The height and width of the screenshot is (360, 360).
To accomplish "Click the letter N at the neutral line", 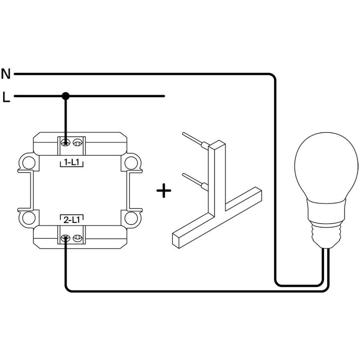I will tap(6, 74).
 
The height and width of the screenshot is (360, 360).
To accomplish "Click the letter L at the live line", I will tap(6, 97).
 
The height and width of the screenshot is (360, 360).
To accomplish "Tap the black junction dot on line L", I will tap(66, 96).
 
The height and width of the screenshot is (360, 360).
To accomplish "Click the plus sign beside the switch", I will tap(164, 191).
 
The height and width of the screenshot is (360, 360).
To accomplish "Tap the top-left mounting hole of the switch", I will tap(28, 162).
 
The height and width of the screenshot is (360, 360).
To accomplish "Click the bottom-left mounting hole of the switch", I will tap(28, 218).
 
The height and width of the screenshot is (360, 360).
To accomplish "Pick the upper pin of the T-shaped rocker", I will tap(194, 138).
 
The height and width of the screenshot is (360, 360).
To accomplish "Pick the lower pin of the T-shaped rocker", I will tap(194, 180).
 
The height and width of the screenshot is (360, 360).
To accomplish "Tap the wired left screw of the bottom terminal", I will tap(66, 239).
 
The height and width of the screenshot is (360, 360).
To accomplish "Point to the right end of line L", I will tap(164, 96).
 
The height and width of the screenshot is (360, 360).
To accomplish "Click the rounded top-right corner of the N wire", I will tap(272, 76).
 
